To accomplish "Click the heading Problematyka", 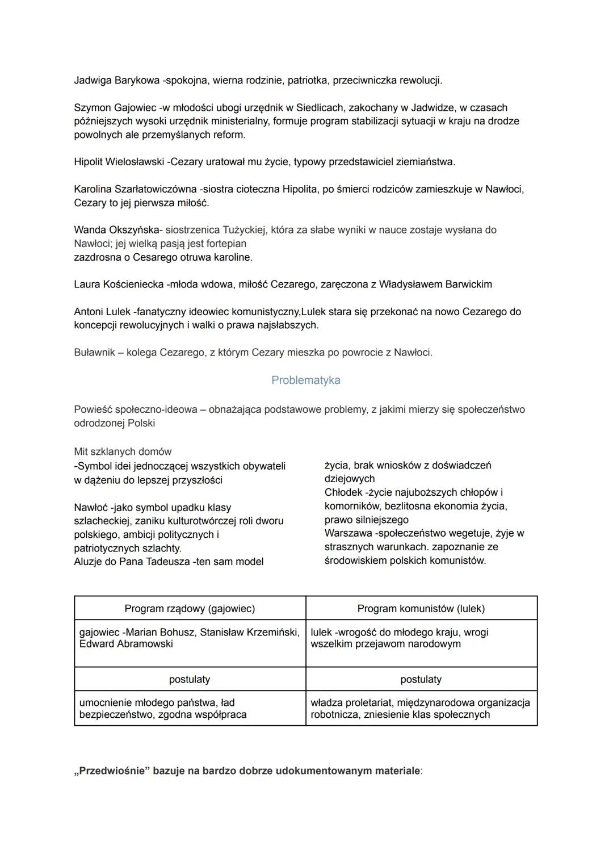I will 305,380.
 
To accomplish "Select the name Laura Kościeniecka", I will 119,284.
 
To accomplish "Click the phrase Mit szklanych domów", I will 123,451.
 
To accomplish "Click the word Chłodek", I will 343,492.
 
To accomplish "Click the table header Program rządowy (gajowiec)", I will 190,608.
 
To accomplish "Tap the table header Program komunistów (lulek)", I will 421,608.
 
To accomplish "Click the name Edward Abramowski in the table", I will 126,644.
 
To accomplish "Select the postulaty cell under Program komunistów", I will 421,679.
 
